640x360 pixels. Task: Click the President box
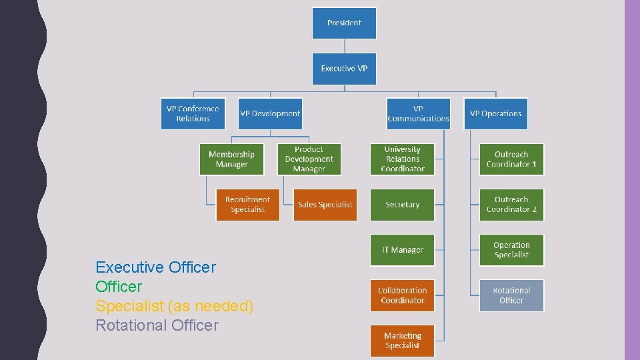344,23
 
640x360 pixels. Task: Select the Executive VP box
344,69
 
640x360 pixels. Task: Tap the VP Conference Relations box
193,114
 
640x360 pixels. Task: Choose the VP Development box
270,114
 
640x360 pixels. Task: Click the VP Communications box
418,114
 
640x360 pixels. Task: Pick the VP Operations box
495,114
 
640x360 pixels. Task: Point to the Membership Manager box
231,159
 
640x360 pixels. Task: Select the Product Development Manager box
309,159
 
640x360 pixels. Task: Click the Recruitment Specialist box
247,205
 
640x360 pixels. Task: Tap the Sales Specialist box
325,205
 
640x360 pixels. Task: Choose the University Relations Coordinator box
402,159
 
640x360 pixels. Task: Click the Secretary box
402,205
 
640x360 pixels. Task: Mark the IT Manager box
402,250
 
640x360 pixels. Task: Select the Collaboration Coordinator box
402,295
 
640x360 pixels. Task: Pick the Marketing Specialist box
402,341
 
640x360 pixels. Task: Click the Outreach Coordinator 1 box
511,159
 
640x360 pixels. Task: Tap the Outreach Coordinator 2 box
511,205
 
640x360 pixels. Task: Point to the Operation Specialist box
511,250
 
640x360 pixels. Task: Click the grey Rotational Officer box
511,295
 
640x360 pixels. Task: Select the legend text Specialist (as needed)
175,306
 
